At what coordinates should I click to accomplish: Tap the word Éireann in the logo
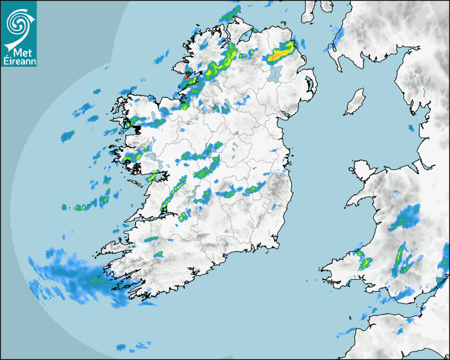19,61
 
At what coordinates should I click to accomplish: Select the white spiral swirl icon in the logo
18,23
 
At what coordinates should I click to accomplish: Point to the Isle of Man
355,102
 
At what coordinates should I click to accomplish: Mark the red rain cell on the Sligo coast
187,78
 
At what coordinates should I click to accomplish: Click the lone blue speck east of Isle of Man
411,128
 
